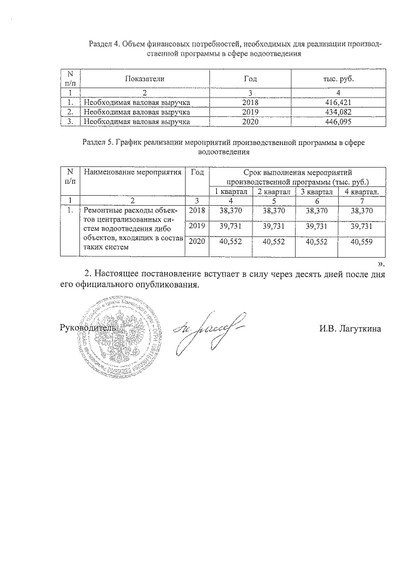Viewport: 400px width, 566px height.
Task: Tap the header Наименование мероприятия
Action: pos(132,172)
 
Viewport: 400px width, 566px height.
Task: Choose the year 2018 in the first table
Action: pos(250,101)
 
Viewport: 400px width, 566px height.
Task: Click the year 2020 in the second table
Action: pos(197,241)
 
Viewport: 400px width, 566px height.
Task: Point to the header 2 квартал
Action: pos(275,191)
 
